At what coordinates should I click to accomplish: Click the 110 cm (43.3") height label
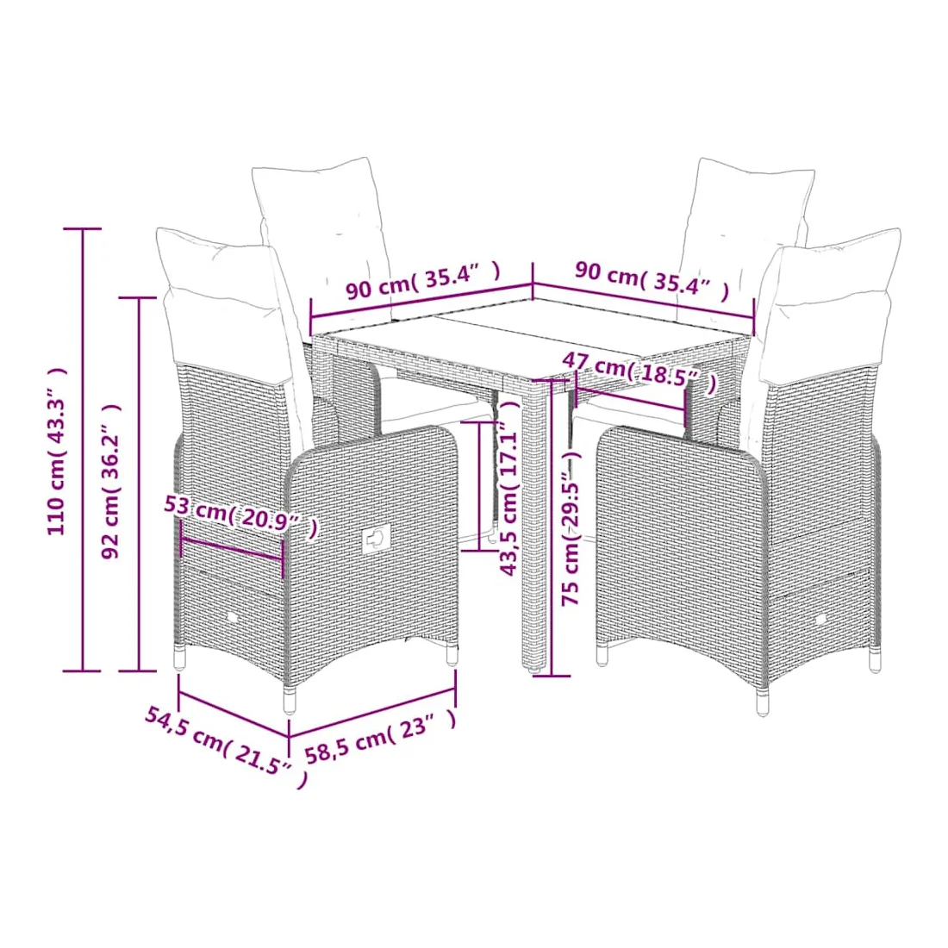coord(57,451)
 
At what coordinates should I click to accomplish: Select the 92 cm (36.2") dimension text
coord(111,481)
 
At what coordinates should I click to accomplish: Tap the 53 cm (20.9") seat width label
coord(240,515)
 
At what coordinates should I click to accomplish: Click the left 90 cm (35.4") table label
coord(423,280)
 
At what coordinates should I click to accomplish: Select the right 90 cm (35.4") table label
coord(652,278)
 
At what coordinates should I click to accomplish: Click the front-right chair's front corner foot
coord(763,702)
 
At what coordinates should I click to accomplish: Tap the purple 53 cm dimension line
coord(232,549)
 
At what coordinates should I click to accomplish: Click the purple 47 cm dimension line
coord(631,400)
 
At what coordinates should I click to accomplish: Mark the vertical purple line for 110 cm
coord(83,450)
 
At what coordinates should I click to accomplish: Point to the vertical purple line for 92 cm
coord(140,483)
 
